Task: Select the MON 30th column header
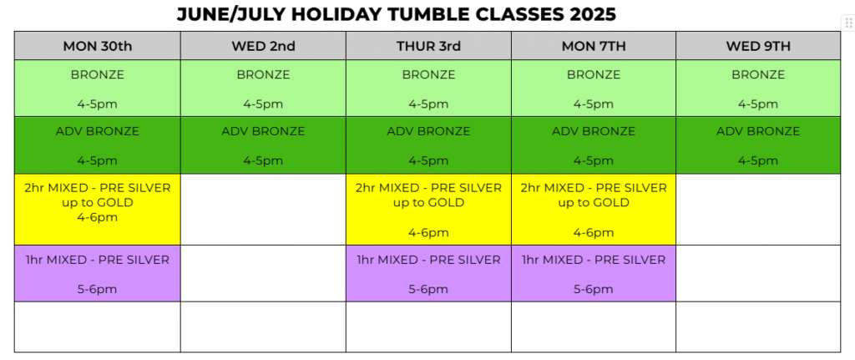click(98, 46)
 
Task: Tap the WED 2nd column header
click(263, 46)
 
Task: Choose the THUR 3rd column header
click(428, 46)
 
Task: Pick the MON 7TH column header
click(594, 46)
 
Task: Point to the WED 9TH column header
click(758, 46)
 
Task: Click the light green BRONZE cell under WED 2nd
click(263, 89)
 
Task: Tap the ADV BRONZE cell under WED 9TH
click(758, 145)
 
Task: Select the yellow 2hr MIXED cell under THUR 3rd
click(428, 210)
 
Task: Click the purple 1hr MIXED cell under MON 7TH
click(594, 274)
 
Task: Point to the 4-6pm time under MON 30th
click(98, 218)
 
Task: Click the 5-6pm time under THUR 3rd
click(428, 289)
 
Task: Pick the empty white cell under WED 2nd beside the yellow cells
click(263, 210)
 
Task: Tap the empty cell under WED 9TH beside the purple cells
click(758, 274)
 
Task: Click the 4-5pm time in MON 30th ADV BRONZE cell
click(98, 161)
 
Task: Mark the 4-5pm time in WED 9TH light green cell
click(758, 104)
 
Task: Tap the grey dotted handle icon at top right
click(848, 23)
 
